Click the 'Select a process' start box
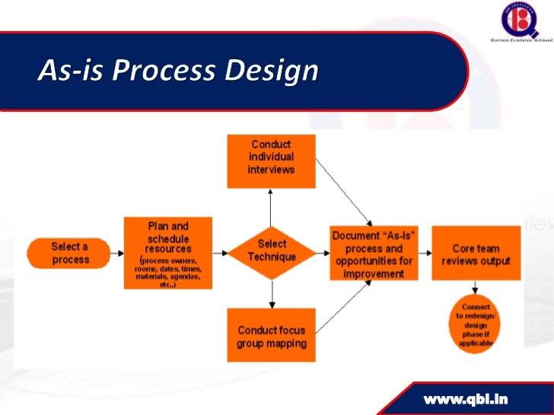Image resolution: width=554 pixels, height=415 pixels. point(68,253)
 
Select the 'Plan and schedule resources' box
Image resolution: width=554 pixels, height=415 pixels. point(168,252)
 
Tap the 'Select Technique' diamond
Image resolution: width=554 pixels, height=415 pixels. point(272,252)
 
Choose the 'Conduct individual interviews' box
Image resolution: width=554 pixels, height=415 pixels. point(272,160)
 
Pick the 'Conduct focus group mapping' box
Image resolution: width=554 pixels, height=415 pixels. point(272,335)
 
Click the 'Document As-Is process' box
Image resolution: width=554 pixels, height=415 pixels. point(373,253)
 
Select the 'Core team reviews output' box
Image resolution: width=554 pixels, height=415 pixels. point(476,253)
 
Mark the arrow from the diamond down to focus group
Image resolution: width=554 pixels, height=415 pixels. point(272,293)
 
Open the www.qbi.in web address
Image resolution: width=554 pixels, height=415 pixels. point(466,398)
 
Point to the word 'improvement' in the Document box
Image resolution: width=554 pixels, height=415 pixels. point(373,273)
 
